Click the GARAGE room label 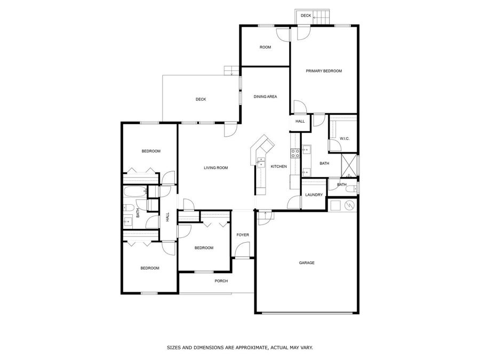(x=307, y=262)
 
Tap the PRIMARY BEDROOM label (x=323, y=71)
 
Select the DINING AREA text (x=265, y=97)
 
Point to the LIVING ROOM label (x=215, y=168)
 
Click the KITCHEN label (x=279, y=167)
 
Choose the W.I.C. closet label (x=344, y=139)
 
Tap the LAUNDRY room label (x=314, y=195)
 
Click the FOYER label (x=243, y=235)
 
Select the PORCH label (x=221, y=281)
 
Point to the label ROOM (x=265, y=47)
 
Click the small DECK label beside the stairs (x=306, y=16)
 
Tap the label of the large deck (x=201, y=99)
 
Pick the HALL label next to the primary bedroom (x=300, y=122)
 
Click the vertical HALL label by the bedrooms (x=167, y=217)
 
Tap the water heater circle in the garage (x=348, y=204)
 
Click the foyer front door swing (x=243, y=250)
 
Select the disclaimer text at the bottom (x=240, y=347)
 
